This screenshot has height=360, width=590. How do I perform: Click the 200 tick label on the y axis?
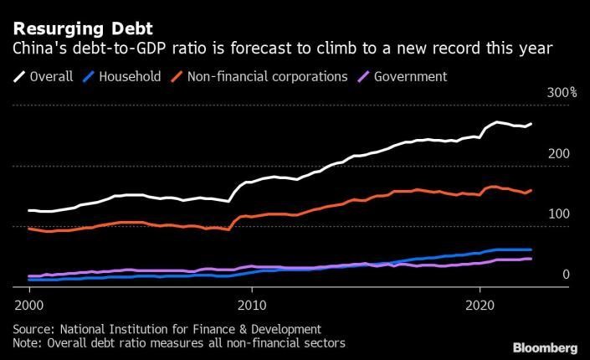(x=559, y=154)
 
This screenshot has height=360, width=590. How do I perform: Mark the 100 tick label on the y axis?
(x=559, y=214)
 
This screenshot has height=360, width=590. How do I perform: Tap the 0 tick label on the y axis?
(x=566, y=275)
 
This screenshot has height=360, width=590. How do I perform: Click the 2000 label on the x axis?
(x=28, y=306)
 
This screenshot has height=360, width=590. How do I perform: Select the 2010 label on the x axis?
(x=254, y=306)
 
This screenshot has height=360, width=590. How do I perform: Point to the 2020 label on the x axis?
(x=479, y=306)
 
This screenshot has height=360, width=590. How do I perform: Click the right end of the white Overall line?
(x=531, y=124)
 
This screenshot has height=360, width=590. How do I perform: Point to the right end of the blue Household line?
(x=531, y=249)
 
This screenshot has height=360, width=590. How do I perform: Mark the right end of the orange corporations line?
(x=531, y=190)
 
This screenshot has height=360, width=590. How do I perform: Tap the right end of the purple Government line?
(x=531, y=259)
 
